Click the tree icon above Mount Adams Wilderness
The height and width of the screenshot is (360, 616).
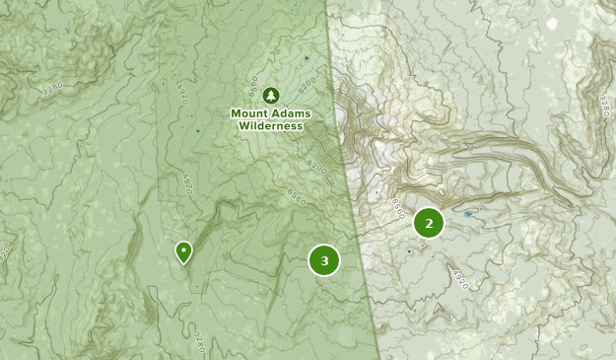(x=271, y=96)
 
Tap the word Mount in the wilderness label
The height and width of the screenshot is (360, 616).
(x=249, y=113)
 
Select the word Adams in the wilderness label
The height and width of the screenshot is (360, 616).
(x=291, y=113)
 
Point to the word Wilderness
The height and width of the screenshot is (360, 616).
(x=271, y=126)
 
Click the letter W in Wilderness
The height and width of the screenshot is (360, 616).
(x=241, y=126)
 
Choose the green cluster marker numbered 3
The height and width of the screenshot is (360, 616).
(x=324, y=260)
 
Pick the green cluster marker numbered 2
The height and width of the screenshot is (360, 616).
(x=429, y=224)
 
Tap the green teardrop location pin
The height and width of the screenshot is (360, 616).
(x=183, y=252)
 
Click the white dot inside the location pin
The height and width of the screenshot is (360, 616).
(x=183, y=249)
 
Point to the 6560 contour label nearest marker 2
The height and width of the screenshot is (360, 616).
(x=396, y=208)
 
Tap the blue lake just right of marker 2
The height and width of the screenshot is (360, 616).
(x=467, y=213)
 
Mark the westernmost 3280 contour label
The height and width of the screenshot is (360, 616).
(x=51, y=87)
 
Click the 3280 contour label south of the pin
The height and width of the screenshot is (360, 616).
(x=199, y=342)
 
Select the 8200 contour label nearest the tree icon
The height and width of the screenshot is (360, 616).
(x=306, y=84)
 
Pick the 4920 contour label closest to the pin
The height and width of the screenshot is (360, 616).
(x=186, y=182)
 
